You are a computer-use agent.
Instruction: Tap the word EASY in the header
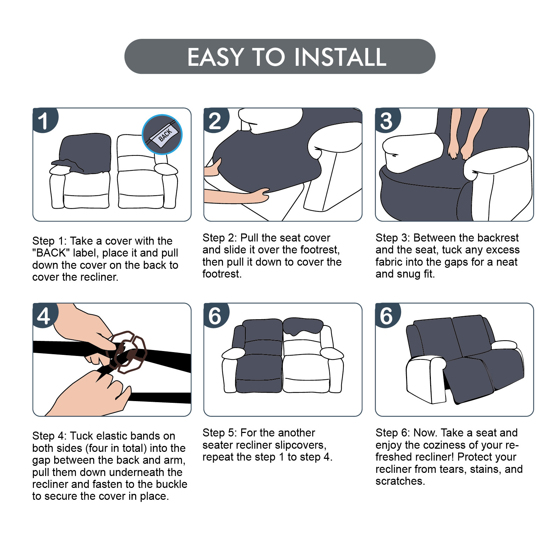point(215,57)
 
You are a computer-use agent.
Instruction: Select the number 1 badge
point(44,120)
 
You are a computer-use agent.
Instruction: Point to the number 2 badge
point(216,120)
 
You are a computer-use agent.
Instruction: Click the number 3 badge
point(387,120)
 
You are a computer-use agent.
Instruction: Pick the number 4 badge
point(44,315)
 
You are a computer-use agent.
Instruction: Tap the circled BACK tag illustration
point(162,134)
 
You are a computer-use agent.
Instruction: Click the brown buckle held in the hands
point(127,352)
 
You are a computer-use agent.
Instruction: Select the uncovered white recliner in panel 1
point(147,171)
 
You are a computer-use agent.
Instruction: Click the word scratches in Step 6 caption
point(400,481)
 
